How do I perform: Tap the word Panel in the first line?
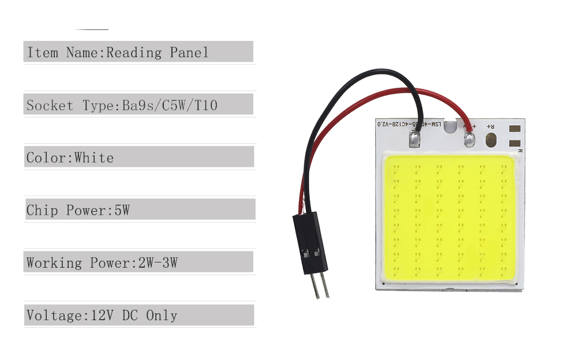coord(189,53)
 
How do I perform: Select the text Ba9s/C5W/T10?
coord(170,106)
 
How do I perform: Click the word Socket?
coord(50,106)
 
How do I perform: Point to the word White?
coord(94,158)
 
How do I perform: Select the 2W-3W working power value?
coord(158,263)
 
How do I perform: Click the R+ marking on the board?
coord(491,125)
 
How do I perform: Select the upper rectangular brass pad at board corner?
coord(516,130)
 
